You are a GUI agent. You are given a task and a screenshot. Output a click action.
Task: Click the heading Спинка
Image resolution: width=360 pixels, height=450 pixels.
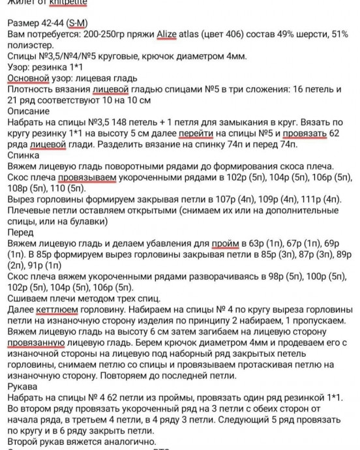22,155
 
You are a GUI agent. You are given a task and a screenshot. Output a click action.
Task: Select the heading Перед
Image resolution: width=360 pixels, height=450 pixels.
20,233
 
